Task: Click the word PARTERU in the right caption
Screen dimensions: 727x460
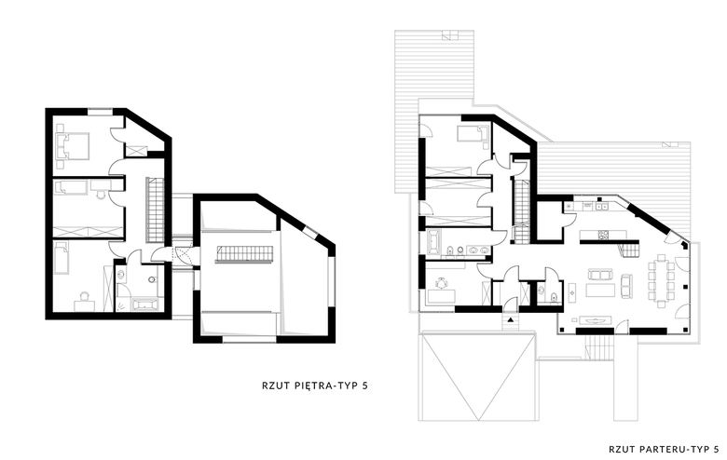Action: (x=664, y=449)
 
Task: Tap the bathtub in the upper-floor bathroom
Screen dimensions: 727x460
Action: (x=145, y=304)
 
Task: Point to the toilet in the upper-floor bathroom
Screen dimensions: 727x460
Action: (x=153, y=279)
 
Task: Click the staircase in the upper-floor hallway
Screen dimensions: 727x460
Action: (x=156, y=210)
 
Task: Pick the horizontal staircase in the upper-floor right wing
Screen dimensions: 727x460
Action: (x=244, y=255)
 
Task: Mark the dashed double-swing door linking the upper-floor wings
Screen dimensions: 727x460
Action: (x=182, y=256)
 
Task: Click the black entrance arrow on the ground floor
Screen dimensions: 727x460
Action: (x=511, y=319)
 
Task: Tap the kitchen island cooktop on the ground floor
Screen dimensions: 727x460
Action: (x=605, y=235)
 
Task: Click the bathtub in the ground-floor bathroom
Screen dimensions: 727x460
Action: (x=433, y=242)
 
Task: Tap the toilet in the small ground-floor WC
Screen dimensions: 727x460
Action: (x=554, y=297)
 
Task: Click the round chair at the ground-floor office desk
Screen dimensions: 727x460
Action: (x=441, y=282)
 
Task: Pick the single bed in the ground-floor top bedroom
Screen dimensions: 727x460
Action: (x=473, y=133)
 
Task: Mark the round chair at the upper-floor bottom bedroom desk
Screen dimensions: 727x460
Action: (x=85, y=296)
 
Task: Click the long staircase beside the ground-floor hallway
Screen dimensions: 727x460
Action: (x=522, y=210)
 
